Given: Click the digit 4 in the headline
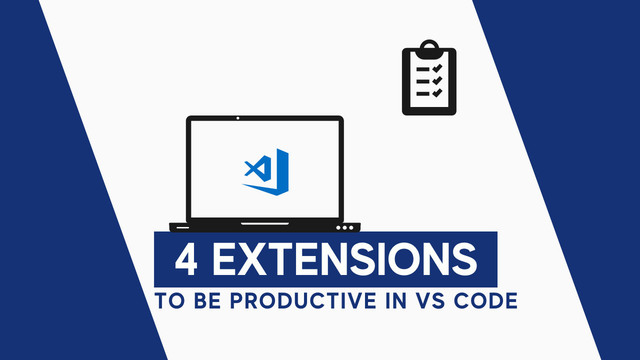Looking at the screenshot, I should point(186,260).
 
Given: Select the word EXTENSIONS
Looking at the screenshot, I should point(344,260).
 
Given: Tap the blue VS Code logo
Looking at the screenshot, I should point(267,171).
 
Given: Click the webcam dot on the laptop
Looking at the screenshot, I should point(237,118).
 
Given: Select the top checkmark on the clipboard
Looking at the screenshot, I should point(437,68).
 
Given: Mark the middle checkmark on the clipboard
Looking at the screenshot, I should point(437,80).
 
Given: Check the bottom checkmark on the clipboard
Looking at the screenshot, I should point(437,92).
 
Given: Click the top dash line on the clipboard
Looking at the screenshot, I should point(423,69).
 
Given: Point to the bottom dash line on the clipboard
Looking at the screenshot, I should point(423,93).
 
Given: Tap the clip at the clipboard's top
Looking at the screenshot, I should point(429,48).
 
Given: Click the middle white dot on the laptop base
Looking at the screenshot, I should point(344,227).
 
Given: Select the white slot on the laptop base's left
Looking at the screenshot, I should point(183,227).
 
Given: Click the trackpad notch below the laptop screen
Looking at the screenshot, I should point(265,223).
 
